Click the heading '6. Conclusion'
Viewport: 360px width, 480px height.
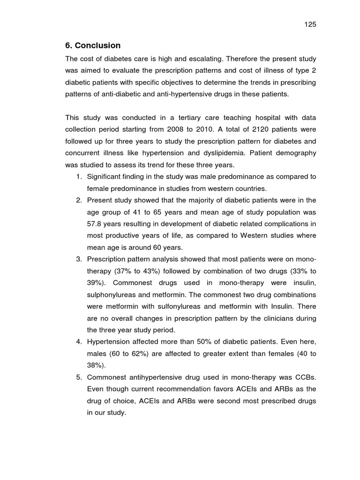[93, 45]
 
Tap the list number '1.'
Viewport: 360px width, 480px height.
[79, 176]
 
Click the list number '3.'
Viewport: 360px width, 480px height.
[79, 259]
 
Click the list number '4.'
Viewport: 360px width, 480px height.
[79, 342]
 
